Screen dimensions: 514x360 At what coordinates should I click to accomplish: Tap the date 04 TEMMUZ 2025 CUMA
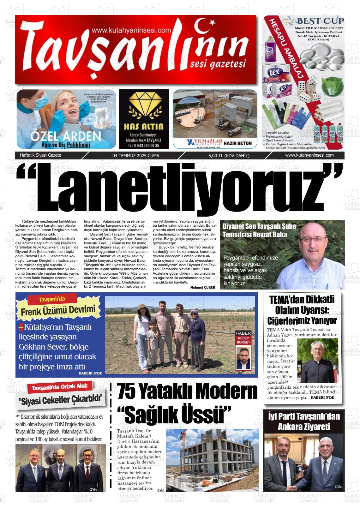[x=136, y=156]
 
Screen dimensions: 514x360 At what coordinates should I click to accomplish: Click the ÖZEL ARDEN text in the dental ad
[x=66, y=136]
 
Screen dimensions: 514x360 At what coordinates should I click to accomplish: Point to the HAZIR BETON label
[x=237, y=143]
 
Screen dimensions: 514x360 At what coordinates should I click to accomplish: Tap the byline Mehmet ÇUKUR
[x=203, y=287]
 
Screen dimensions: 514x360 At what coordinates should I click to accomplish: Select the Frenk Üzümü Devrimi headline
[x=58, y=311]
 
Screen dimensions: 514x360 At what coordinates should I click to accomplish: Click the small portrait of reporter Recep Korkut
[x=243, y=358]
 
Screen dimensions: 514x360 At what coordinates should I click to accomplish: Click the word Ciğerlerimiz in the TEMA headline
[x=283, y=321]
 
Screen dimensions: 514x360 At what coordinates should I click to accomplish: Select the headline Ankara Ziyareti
[x=303, y=427]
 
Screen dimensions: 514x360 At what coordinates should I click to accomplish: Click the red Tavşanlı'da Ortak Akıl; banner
[x=62, y=387]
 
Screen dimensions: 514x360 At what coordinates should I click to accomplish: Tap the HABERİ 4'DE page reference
[x=90, y=373]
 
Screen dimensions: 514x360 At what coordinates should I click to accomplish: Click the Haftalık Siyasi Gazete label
[x=40, y=155]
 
